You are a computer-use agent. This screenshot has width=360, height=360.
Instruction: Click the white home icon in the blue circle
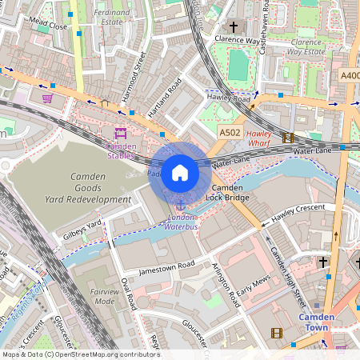coord(180,173)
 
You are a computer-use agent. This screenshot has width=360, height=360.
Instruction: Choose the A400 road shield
coord(350,75)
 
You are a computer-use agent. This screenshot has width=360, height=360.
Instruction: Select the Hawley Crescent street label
coord(298,211)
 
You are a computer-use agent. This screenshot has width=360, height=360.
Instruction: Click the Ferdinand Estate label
coord(111,18)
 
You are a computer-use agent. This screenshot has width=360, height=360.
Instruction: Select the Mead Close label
coord(47,26)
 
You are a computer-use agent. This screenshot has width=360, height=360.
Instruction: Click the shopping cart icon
coord(47,98)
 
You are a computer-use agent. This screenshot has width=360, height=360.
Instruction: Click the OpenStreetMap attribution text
coord(80,354)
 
